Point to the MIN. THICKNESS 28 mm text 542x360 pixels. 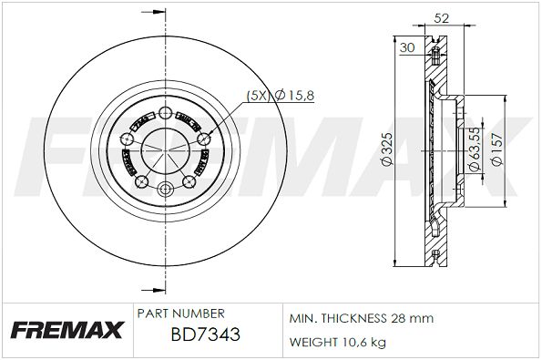point(361,318)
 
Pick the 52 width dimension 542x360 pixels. point(443,16)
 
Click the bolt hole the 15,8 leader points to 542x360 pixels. point(202,137)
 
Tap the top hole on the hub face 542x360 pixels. point(165,112)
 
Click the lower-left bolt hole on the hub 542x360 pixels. point(141,181)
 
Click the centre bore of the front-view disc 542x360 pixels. point(165,150)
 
